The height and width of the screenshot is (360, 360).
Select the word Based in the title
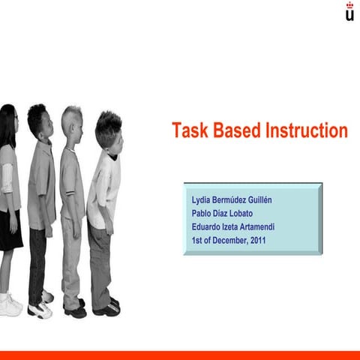click(235, 130)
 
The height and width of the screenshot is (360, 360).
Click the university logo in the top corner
click(349, 12)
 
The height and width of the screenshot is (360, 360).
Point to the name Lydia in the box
click(204, 200)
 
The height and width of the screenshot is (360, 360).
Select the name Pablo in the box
click(205, 214)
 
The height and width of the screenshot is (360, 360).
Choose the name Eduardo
click(209, 227)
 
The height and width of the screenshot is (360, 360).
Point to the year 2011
click(256, 241)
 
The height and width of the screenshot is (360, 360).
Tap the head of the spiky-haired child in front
click(109, 128)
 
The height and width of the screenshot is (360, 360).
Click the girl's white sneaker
click(10, 304)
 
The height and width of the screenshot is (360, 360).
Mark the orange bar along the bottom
click(180, 354)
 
